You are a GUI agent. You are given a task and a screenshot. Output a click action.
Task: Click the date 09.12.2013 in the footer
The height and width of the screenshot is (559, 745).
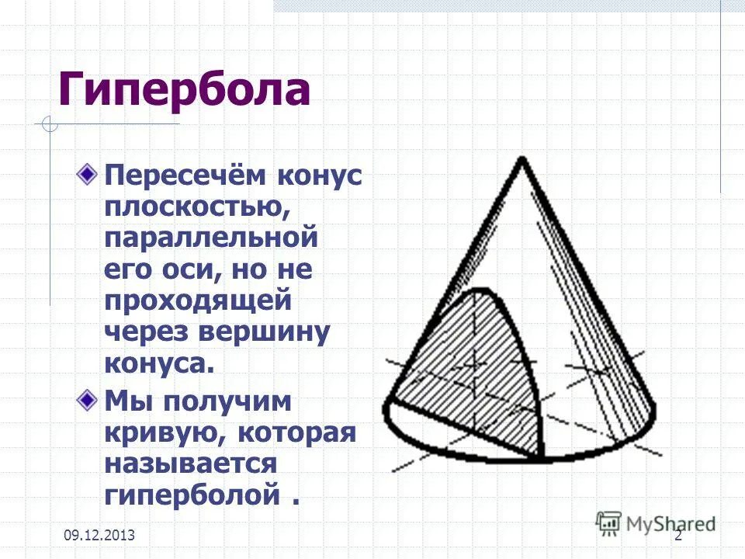pyautogui.click(x=99, y=535)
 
